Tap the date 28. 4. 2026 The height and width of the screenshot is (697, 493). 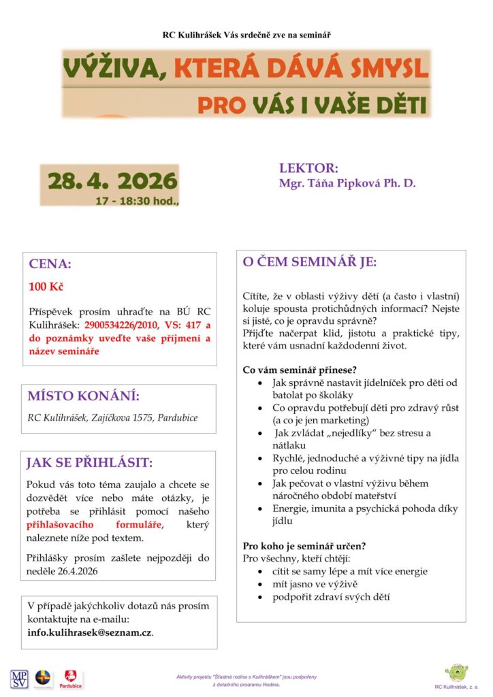pos(112,181)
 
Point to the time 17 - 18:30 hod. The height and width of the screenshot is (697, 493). pos(137,201)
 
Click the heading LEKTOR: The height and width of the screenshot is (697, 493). pos(308,169)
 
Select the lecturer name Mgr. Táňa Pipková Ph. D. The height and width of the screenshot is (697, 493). pos(347,183)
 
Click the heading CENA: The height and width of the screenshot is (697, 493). pos(50,265)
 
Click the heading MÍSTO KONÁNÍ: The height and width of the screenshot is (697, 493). pos(83,396)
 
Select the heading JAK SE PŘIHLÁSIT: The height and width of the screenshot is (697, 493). pos(89,463)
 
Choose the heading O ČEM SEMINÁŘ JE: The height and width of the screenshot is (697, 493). pos(310,262)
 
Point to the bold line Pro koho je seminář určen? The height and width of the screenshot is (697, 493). pos(304,546)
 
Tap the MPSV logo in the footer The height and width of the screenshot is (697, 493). pos(18,679)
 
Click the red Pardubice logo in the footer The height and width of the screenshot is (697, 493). pos(71,678)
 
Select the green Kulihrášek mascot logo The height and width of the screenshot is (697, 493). pos(456,672)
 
